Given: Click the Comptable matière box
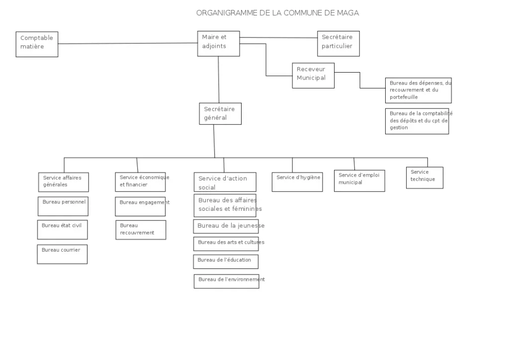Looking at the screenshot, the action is [x=37, y=44].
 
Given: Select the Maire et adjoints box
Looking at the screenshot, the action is [x=219, y=44].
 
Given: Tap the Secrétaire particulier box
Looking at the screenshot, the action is [x=338, y=44].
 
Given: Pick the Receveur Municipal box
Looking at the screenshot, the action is [x=313, y=76].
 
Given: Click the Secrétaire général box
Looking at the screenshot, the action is [x=220, y=114].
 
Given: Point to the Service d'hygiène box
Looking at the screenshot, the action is [x=297, y=182].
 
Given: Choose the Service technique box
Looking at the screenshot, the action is [x=424, y=178].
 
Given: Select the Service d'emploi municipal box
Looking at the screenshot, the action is [x=360, y=181].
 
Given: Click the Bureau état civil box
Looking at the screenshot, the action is [x=62, y=230].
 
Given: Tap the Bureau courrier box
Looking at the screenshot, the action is [x=62, y=254].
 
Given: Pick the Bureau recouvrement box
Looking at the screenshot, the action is [x=141, y=230].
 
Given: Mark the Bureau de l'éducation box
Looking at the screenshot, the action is [x=226, y=262].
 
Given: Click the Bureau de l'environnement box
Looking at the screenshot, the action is [x=227, y=281].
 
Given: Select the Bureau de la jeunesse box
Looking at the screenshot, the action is [x=226, y=227].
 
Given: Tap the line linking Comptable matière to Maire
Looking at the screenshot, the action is [x=128, y=43].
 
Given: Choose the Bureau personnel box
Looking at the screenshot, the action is [x=63, y=206].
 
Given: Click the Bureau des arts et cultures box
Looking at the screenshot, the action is [x=226, y=244].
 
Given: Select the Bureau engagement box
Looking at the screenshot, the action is [x=140, y=206].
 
